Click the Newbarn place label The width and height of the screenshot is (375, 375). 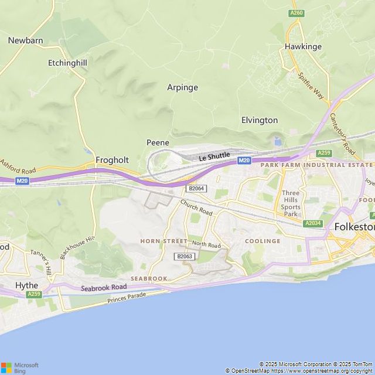coord(25,40)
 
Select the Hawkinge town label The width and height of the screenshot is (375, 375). coord(303,46)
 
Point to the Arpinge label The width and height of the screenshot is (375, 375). coord(183,87)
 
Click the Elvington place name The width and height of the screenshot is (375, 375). coord(260,120)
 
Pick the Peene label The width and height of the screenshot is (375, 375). coord(158,142)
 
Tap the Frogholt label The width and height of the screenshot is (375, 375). coord(112,160)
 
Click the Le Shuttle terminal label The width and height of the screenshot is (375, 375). coord(214,156)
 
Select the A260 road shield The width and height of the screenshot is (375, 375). coord(296,13)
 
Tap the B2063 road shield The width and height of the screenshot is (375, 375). coord(184,256)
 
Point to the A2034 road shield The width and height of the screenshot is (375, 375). coord(312,223)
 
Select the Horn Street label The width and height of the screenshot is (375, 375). coord(163,241)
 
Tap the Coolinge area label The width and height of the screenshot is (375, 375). coord(262,241)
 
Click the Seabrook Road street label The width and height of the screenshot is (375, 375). coord(104,288)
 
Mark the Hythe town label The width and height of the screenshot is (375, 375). coord(26,285)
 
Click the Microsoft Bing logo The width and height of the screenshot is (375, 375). coord(19,367)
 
